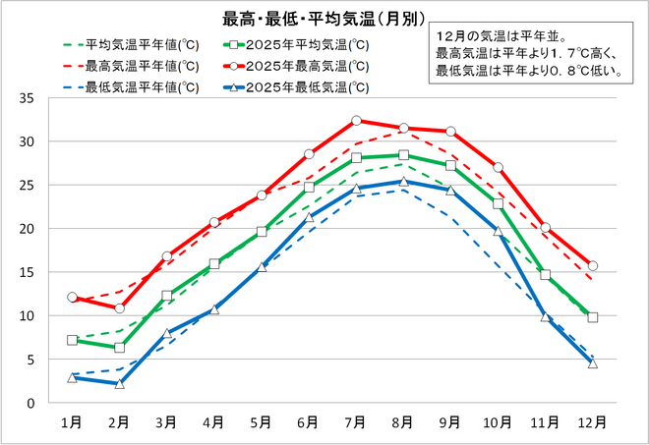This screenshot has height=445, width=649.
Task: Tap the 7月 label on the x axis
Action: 356,422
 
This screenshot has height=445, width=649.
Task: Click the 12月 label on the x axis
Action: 592,422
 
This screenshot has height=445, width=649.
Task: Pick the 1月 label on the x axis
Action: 72,422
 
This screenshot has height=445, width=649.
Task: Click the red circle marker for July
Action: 356,121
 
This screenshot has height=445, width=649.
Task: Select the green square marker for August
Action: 403,155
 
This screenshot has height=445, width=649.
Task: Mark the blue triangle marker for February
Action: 119,383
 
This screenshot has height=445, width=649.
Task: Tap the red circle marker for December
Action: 592,265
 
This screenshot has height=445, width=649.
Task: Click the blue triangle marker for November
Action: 545,316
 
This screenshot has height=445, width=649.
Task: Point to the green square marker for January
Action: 72,340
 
